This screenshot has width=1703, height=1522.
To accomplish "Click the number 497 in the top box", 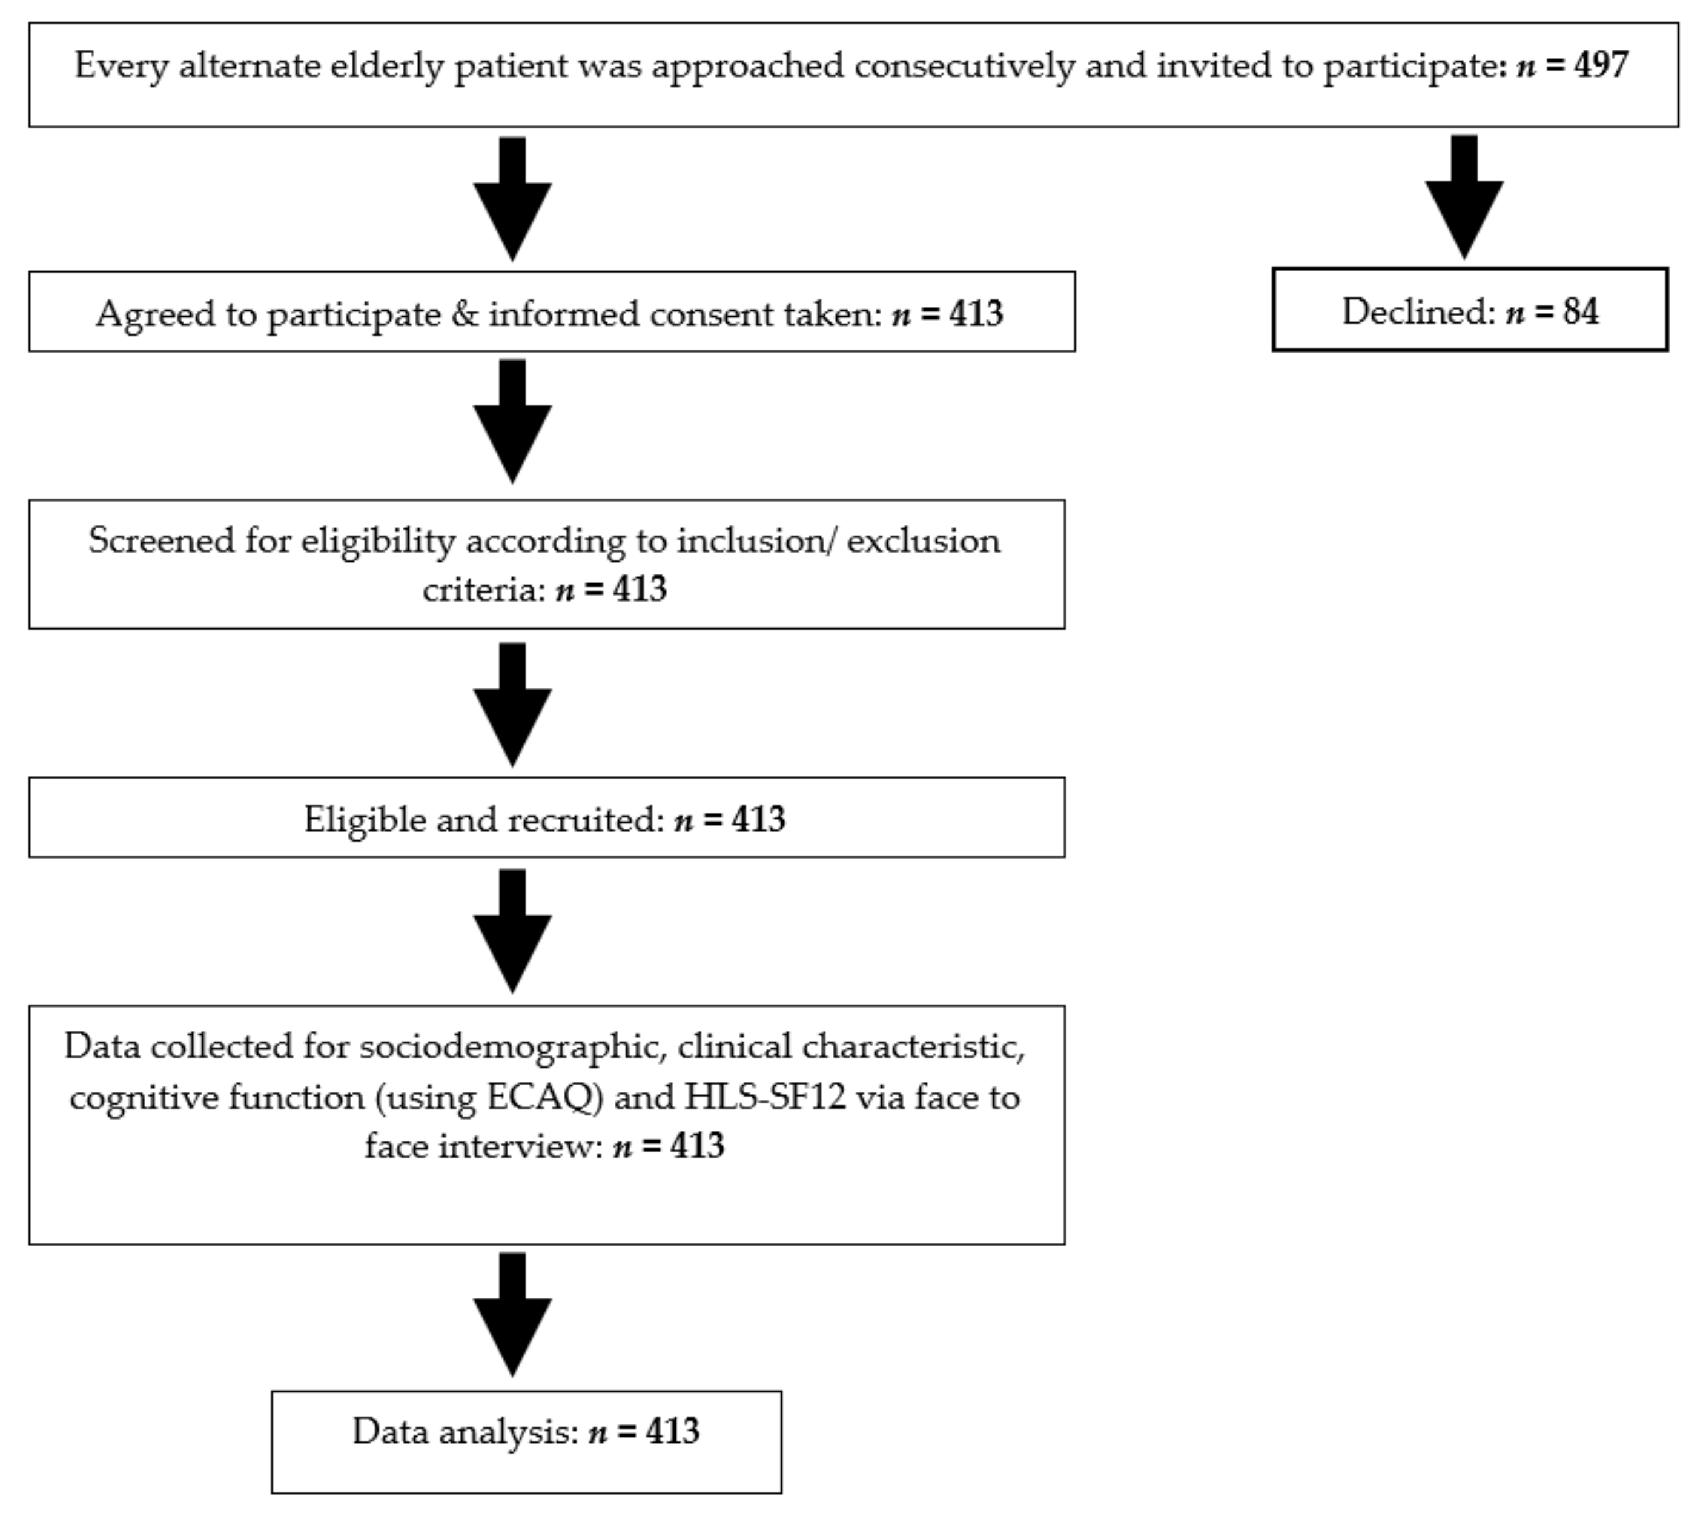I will point(1600,65).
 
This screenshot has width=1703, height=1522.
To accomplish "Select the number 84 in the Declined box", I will point(1580,312).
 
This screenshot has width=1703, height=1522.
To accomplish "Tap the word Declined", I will point(1418,312).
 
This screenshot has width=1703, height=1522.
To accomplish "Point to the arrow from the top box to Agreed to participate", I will point(512,199).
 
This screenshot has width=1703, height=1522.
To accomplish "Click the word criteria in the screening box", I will point(483,590).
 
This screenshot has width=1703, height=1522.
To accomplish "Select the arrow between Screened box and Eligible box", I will point(512,704).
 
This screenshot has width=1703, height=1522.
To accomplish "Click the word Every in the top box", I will point(121,65).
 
